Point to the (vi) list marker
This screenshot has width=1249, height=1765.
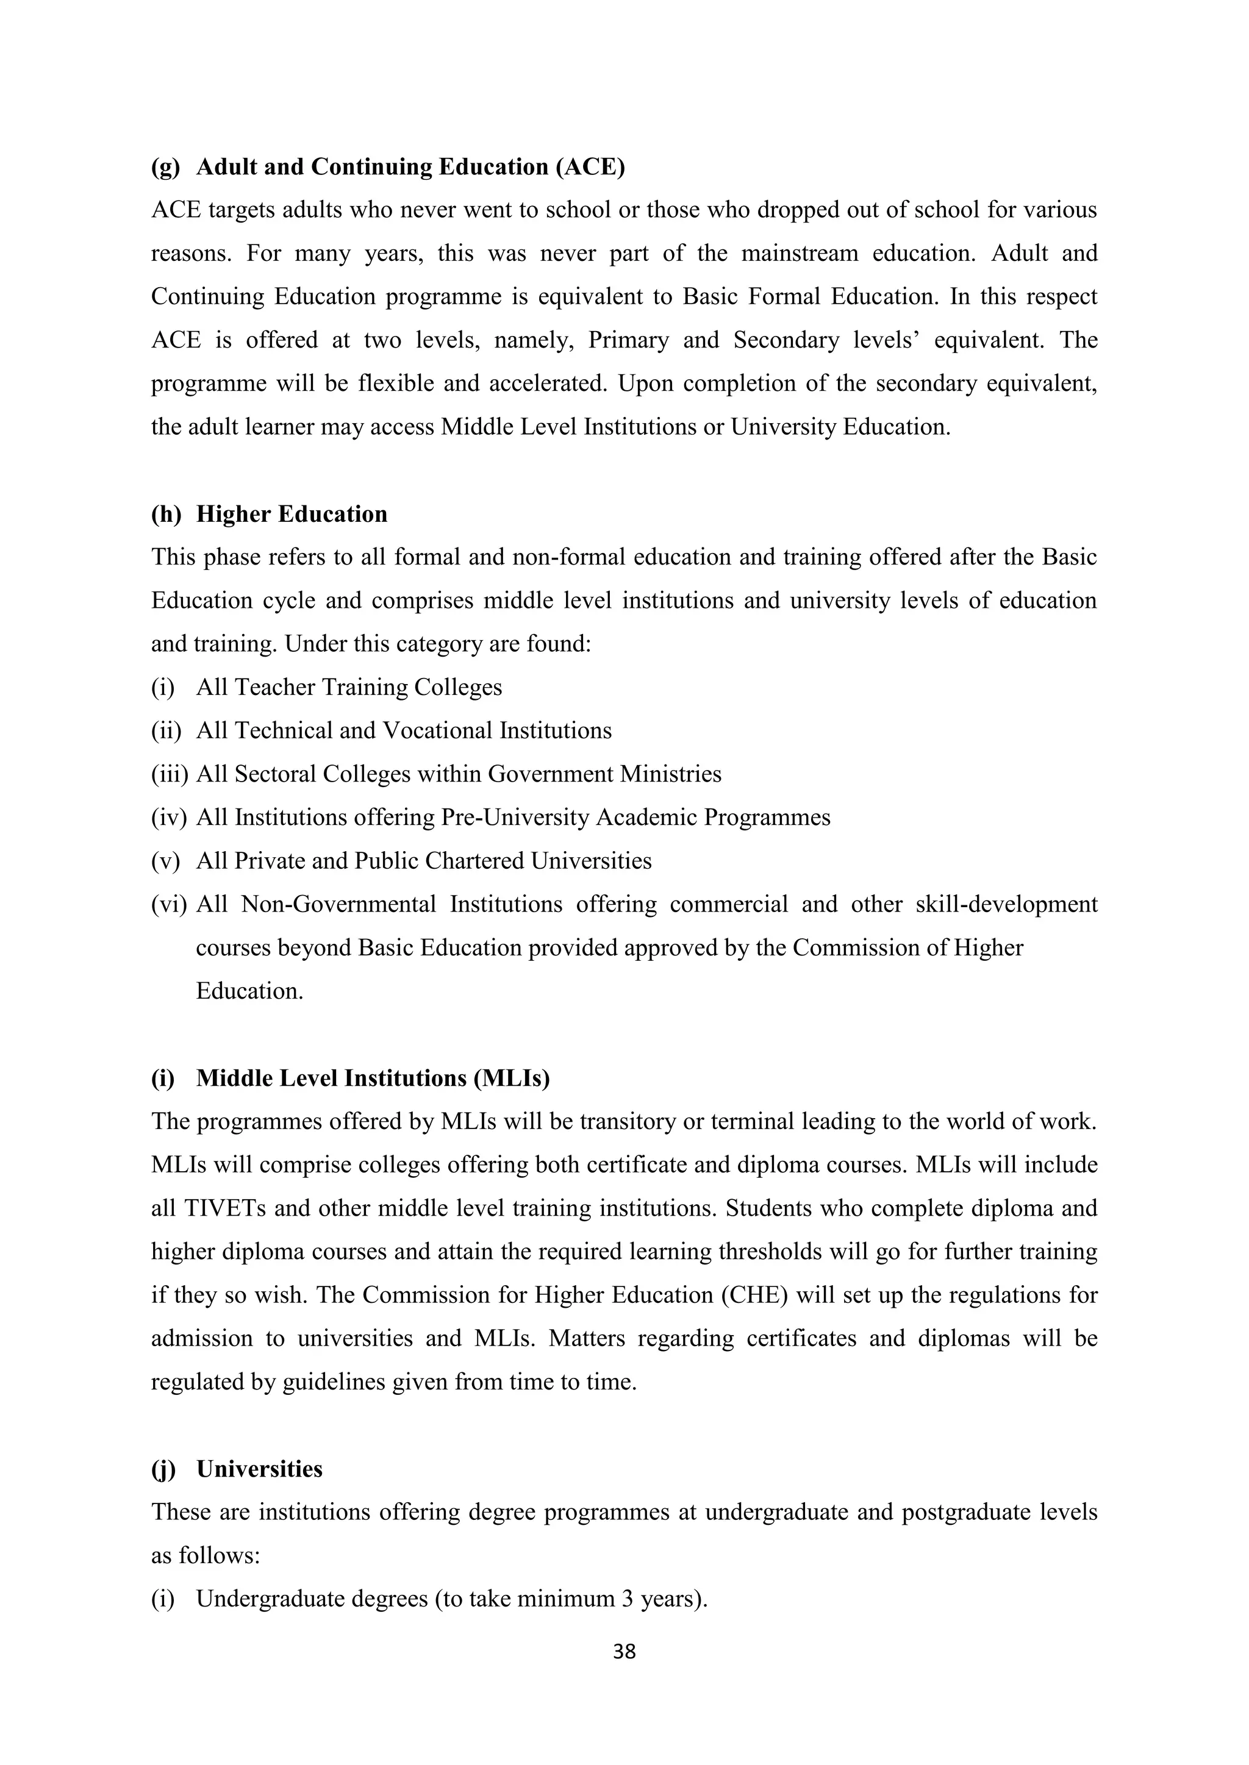(x=169, y=904)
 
